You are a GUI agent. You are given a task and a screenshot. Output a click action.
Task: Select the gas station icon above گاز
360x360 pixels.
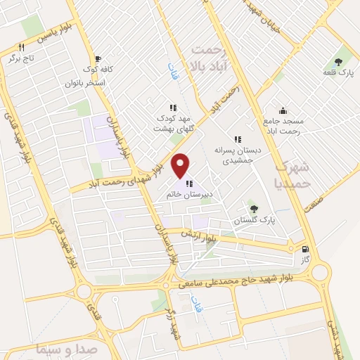pyautogui.click(x=304, y=249)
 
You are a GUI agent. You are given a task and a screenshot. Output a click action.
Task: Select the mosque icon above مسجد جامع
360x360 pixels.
pyautogui.click(x=283, y=110)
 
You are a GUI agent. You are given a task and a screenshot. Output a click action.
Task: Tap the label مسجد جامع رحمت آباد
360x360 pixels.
pyautogui.click(x=283, y=126)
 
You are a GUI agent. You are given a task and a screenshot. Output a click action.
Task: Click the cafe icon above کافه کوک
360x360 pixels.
pyautogui.click(x=98, y=58)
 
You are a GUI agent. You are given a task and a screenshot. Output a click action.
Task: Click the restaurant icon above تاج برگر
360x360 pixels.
pyautogui.click(x=21, y=47)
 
